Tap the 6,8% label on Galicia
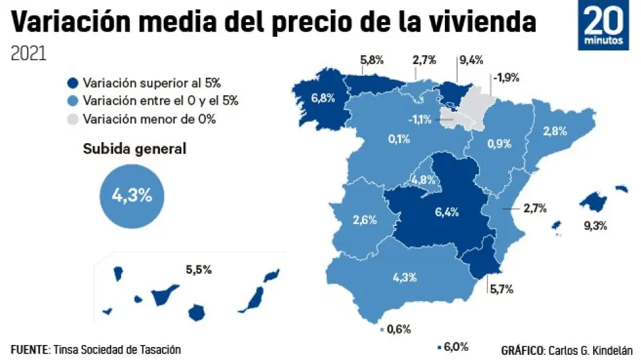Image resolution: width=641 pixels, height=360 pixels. [322, 99]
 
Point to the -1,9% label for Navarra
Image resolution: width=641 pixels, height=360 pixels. [506, 78]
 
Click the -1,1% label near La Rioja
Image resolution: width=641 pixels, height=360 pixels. [420, 120]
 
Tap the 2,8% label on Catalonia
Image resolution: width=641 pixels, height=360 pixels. [555, 131]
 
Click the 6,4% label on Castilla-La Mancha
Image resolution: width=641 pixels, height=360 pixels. [446, 211]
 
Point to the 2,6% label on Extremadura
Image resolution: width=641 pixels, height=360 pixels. [365, 219]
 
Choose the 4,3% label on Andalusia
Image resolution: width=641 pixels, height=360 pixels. [405, 277]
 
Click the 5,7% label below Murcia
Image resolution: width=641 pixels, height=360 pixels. [500, 289]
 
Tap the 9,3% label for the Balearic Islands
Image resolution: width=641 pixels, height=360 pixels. [595, 227]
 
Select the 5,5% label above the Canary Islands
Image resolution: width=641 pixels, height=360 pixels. [199, 270]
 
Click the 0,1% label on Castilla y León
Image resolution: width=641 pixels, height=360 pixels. [399, 139]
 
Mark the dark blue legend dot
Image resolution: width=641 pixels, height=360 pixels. [73, 83]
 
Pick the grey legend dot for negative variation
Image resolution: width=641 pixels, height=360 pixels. [73, 119]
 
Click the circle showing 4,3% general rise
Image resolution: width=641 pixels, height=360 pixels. [132, 195]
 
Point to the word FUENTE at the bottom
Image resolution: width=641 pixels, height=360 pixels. [30, 350]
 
